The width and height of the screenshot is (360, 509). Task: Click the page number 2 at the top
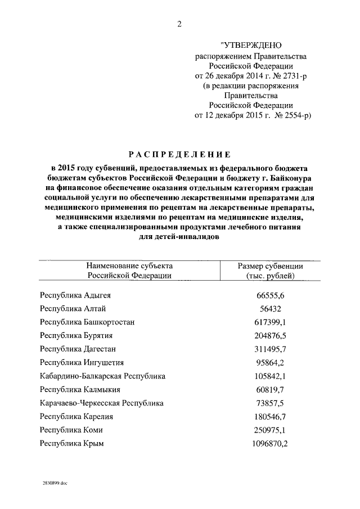pyautogui.click(x=179, y=24)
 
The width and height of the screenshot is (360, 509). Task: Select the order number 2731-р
pyautogui.click(x=291, y=75)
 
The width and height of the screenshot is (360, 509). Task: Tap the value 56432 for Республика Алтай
pyautogui.click(x=269, y=309)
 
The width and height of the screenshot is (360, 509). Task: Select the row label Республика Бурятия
pyautogui.click(x=76, y=336)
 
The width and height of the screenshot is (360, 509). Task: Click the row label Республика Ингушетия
pyautogui.click(x=82, y=363)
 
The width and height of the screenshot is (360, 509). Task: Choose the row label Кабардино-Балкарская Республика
pyautogui.click(x=103, y=376)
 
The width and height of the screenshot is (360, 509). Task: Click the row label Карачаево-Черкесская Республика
pyautogui.click(x=102, y=403)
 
